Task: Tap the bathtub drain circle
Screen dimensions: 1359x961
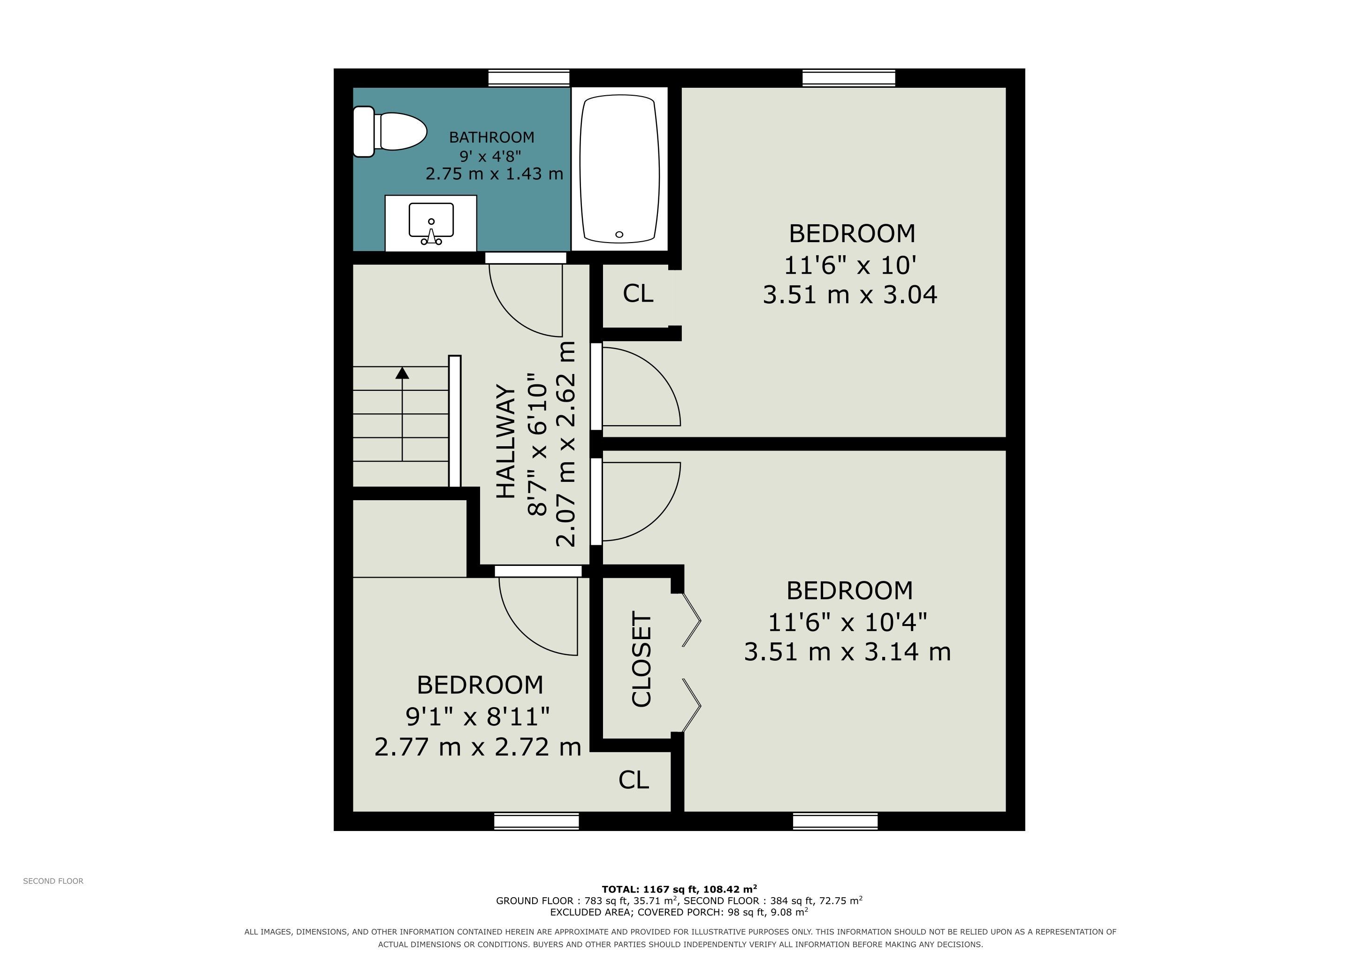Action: (619, 234)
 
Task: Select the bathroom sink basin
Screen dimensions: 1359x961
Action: (431, 220)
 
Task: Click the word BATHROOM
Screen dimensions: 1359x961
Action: (491, 137)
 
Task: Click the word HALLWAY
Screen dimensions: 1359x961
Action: (505, 442)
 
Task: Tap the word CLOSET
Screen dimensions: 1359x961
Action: (641, 659)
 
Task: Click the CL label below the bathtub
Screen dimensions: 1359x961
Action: (638, 293)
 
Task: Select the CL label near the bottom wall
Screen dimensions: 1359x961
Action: (634, 780)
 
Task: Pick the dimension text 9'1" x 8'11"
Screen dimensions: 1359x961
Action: (478, 717)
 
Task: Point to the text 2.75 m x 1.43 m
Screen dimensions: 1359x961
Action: (494, 174)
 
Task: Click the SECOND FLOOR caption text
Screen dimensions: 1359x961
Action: (53, 881)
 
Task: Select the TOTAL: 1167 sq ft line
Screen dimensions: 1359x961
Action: (679, 889)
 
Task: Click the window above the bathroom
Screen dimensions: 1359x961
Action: (528, 78)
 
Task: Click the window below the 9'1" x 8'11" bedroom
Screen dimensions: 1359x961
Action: (536, 821)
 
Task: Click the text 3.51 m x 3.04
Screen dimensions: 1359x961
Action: (850, 295)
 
